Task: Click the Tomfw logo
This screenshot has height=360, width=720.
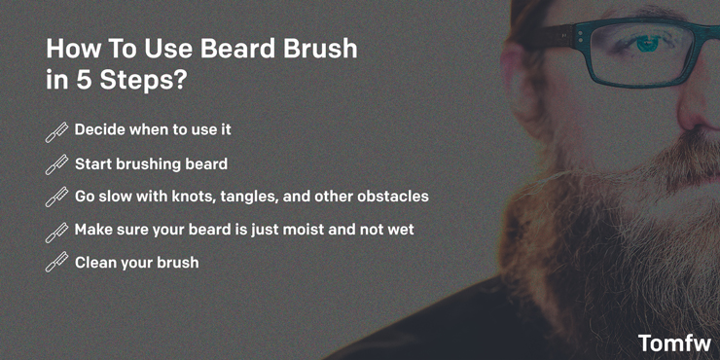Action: click(x=674, y=342)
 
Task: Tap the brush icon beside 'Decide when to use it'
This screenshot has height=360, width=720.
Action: click(x=56, y=131)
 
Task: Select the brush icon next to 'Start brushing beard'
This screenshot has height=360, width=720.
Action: click(x=56, y=164)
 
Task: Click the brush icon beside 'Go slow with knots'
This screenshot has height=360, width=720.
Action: click(x=56, y=198)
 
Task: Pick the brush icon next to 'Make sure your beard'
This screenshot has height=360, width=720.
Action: click(x=56, y=232)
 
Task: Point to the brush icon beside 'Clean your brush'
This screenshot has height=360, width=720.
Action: click(x=56, y=263)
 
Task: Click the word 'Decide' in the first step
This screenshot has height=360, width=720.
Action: click(x=102, y=129)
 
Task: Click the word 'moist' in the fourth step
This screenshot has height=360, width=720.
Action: click(x=317, y=229)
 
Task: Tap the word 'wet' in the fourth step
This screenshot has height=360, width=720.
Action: click(x=399, y=230)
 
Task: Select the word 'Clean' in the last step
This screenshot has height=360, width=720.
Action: click(x=98, y=262)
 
